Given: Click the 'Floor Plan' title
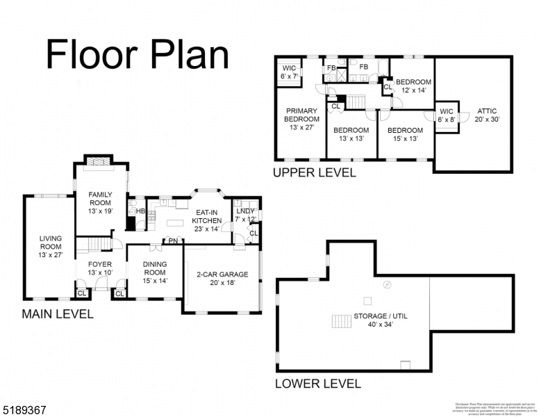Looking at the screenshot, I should pos(137,54).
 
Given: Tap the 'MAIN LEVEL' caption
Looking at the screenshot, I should pos(57,313).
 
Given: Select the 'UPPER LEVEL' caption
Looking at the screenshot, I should pos(314,172).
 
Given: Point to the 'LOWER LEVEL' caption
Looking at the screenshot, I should pos(318,383).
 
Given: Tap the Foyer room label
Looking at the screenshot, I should pos(99,268).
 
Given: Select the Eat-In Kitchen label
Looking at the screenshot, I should pos(206,220).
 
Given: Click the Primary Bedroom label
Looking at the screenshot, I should pos(301,119).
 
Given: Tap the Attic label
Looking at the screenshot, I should pos(487,115).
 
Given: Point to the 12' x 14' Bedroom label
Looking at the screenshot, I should pos(413,85).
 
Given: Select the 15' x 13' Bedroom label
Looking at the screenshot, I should pos(405,134).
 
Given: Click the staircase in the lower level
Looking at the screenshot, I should pos(341,321).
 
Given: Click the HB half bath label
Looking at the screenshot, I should pos(140,211).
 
